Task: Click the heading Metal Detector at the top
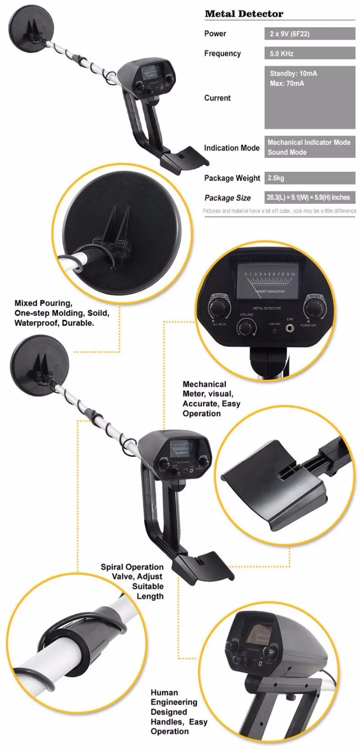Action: pyautogui.click(x=243, y=13)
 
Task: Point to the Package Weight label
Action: pyautogui.click(x=232, y=178)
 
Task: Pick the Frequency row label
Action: pyautogui.click(x=222, y=53)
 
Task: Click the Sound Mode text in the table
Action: pyautogui.click(x=287, y=152)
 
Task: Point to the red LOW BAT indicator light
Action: pyautogui.click(x=274, y=331)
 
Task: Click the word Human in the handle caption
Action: pyautogui.click(x=164, y=692)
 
